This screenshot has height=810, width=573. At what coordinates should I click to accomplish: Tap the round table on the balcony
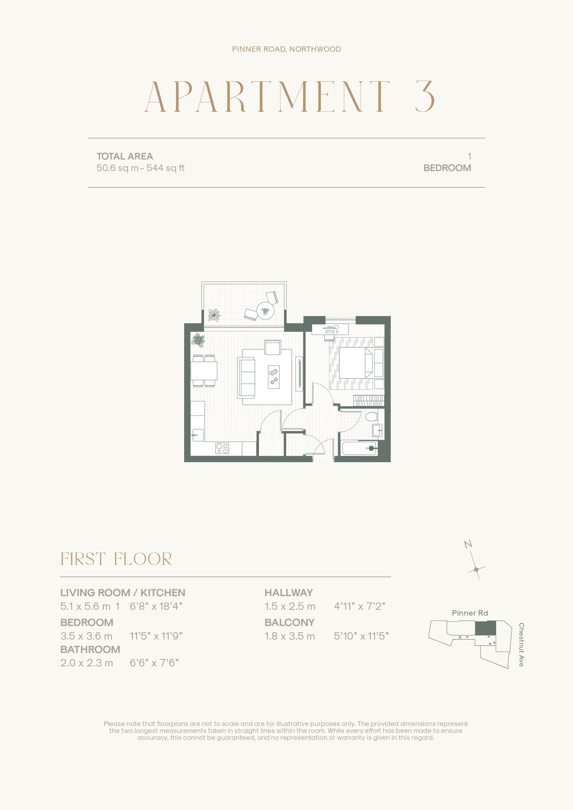pyautogui.click(x=265, y=311)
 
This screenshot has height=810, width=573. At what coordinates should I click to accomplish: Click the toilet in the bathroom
pyautogui.click(x=371, y=417)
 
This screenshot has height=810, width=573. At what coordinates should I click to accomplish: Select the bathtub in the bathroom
pyautogui.click(x=359, y=448)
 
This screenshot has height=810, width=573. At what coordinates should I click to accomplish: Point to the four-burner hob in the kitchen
pyautogui.click(x=222, y=448)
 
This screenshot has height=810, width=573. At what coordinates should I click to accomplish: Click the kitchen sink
pyautogui.click(x=198, y=435)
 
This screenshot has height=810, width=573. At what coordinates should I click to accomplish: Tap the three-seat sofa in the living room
pyautogui.click(x=246, y=378)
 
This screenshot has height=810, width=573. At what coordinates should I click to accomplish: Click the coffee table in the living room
pyautogui.click(x=274, y=377)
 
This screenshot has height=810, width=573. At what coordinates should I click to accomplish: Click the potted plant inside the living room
pyautogui.click(x=198, y=340)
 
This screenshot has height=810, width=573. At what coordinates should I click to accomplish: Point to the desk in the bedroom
pyautogui.click(x=330, y=329)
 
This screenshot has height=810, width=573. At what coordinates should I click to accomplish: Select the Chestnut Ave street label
pyautogui.click(x=521, y=645)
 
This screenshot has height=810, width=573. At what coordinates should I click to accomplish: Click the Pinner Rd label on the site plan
pyautogui.click(x=470, y=613)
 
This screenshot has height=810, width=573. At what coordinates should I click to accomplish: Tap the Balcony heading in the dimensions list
pyautogui.click(x=289, y=622)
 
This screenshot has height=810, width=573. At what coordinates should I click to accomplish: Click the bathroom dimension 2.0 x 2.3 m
pyautogui.click(x=86, y=663)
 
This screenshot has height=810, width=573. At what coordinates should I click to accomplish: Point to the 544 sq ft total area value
pyautogui.click(x=166, y=168)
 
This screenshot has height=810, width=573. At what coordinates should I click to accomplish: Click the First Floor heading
pyautogui.click(x=116, y=559)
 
